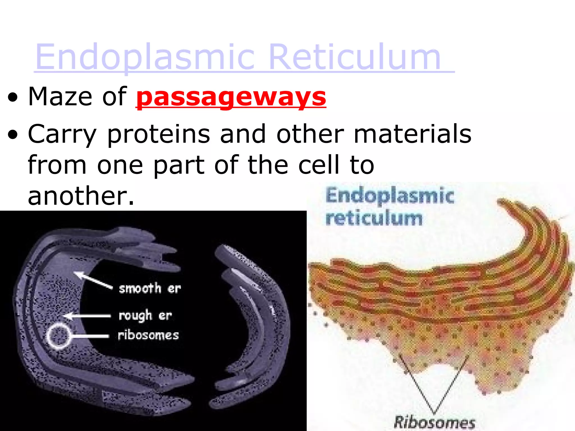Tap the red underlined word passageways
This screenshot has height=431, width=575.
click(231, 97)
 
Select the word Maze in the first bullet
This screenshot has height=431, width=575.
click(60, 97)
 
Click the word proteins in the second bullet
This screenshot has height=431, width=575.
click(158, 134)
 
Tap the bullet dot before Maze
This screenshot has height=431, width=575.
click(13, 98)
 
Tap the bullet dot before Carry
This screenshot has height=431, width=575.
click(13, 136)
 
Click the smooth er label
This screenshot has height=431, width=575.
click(150, 288)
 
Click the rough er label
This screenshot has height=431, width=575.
click(145, 316)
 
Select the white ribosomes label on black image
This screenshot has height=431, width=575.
click(148, 335)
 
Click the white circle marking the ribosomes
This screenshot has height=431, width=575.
click(58, 336)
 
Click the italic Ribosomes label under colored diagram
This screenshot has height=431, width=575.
click(434, 422)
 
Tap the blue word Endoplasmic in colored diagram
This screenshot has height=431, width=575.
click(390, 196)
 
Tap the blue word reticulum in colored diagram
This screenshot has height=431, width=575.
click(374, 218)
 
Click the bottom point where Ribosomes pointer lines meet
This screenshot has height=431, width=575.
click(434, 412)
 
